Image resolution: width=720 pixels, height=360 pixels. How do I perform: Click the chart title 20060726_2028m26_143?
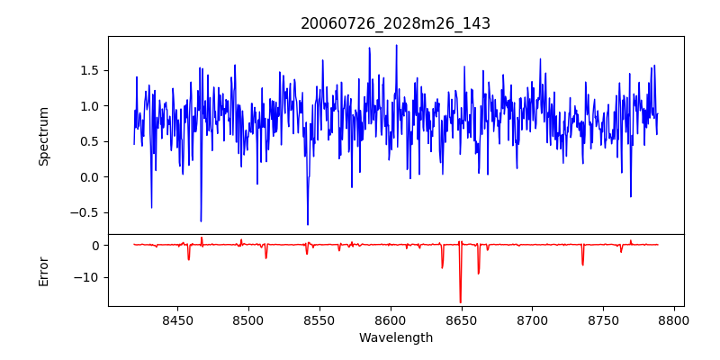pyautogui.click(x=395, y=23)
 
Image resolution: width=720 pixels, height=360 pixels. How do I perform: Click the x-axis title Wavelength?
pyautogui.click(x=395, y=337)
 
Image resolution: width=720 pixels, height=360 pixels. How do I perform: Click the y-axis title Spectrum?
pyautogui.click(x=44, y=136)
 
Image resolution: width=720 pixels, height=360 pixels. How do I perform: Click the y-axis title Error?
pyautogui.click(x=44, y=270)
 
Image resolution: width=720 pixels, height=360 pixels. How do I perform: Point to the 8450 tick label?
pyautogui.click(x=177, y=319)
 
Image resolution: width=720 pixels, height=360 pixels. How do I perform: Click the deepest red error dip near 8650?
pyautogui.click(x=460, y=301)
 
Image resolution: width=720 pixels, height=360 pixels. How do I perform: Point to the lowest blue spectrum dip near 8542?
pyautogui.click(x=308, y=224)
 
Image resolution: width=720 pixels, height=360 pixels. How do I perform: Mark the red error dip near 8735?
pyautogui.click(x=582, y=264)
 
